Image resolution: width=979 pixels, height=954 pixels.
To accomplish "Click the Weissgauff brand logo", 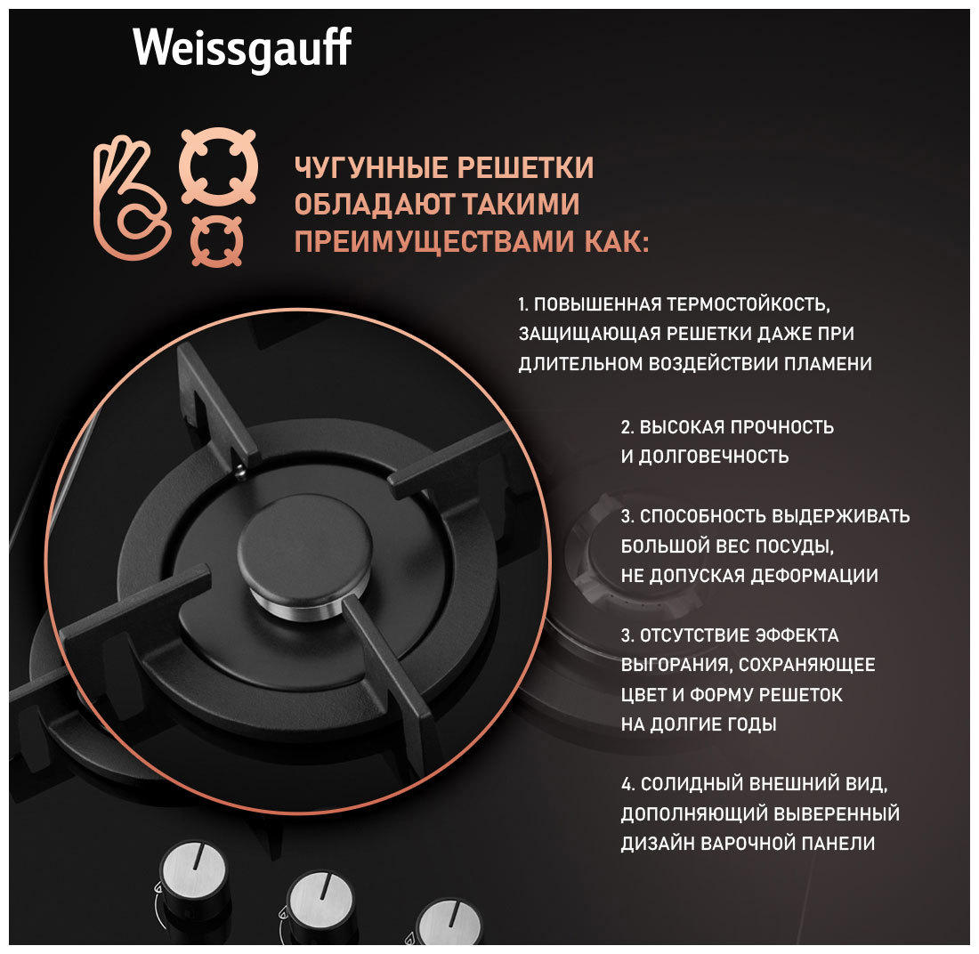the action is pos(241,49).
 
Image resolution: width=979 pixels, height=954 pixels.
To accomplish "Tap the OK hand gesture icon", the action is pos(131,197).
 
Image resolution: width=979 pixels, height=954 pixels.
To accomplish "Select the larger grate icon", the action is pos(219,166).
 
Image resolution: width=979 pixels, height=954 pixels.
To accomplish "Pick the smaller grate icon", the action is pos(217,242).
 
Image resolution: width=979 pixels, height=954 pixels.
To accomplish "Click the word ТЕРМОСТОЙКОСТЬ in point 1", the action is pos(748,304).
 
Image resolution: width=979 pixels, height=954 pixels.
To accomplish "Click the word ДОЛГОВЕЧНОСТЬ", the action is pos(713,457).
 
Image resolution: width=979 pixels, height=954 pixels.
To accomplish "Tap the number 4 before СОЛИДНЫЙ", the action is pos(627,784).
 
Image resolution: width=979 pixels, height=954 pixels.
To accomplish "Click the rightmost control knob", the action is pos(448,923).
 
